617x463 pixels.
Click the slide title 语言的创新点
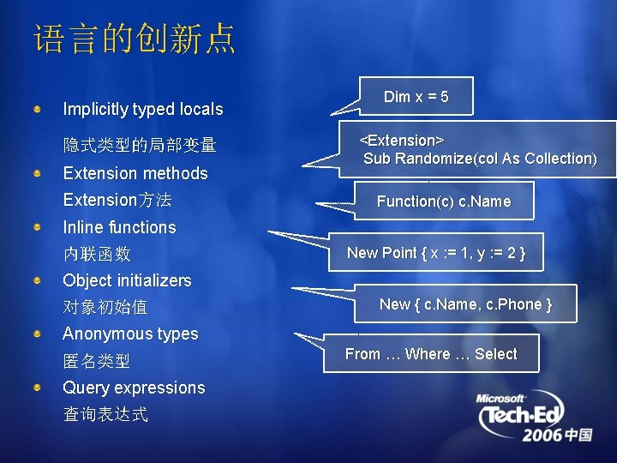pyautogui.click(x=135, y=39)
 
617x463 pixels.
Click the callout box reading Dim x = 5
pyautogui.click(x=416, y=97)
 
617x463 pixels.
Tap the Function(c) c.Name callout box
pyautogui.click(x=443, y=201)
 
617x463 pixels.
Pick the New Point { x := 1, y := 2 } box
pyautogui.click(x=435, y=252)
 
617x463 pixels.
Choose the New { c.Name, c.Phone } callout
pyautogui.click(x=465, y=304)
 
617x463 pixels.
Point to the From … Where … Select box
pyautogui.click(x=431, y=354)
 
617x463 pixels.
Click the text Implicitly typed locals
pyautogui.click(x=142, y=109)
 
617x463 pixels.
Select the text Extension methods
pyautogui.click(x=135, y=173)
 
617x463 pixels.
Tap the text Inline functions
pyautogui.click(x=119, y=227)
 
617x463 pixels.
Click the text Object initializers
pyautogui.click(x=127, y=280)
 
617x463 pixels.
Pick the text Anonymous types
pyautogui.click(x=130, y=334)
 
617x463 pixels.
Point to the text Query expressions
pyautogui.click(x=134, y=388)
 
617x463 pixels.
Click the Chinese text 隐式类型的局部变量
pyautogui.click(x=140, y=145)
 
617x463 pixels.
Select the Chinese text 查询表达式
pyautogui.click(x=105, y=415)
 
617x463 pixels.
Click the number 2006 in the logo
pyautogui.click(x=543, y=435)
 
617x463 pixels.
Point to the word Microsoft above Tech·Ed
pyautogui.click(x=501, y=399)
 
